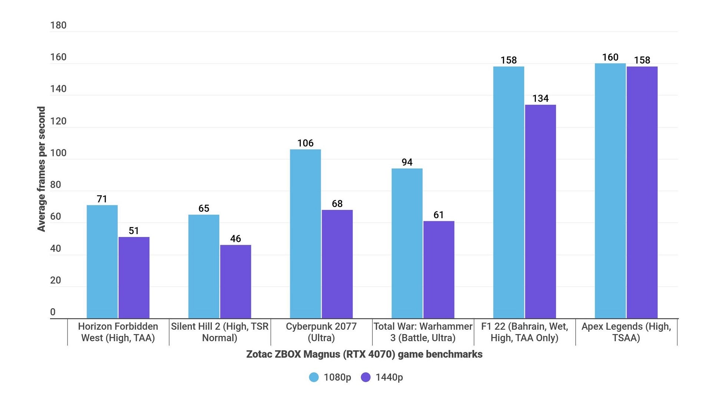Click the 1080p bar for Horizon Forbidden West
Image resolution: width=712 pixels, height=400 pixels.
coord(102,261)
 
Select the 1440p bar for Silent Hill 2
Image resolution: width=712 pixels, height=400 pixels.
coord(235,281)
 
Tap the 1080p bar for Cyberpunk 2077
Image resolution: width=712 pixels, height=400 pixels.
coord(305,234)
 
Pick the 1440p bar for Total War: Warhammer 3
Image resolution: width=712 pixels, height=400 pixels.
coord(439,270)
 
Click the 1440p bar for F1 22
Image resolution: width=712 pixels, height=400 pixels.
coord(540,211)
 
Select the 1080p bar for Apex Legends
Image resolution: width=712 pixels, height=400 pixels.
coord(610,191)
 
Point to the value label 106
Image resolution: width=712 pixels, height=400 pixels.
coord(305,143)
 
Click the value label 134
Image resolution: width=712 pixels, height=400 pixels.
coord(540,99)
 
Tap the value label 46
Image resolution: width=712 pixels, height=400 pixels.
coord(235,239)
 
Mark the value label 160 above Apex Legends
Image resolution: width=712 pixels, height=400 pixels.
coord(610,57)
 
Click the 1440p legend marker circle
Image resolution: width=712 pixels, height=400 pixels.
coord(366,377)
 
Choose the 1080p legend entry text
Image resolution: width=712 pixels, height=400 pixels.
coord(337,377)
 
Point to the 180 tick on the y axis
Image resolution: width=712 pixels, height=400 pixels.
coord(58,25)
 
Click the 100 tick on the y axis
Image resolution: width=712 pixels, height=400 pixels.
coord(58,153)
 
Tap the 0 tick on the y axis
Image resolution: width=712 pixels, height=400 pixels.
coord(53,312)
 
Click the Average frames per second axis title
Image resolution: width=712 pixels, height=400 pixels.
coord(41,169)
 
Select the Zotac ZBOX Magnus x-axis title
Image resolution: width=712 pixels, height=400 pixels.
coord(364,354)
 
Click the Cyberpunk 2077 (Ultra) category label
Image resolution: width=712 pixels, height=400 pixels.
coord(321,332)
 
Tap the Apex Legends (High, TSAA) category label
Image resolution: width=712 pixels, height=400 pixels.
coord(626,332)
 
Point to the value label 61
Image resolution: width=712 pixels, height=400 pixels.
coord(439,215)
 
